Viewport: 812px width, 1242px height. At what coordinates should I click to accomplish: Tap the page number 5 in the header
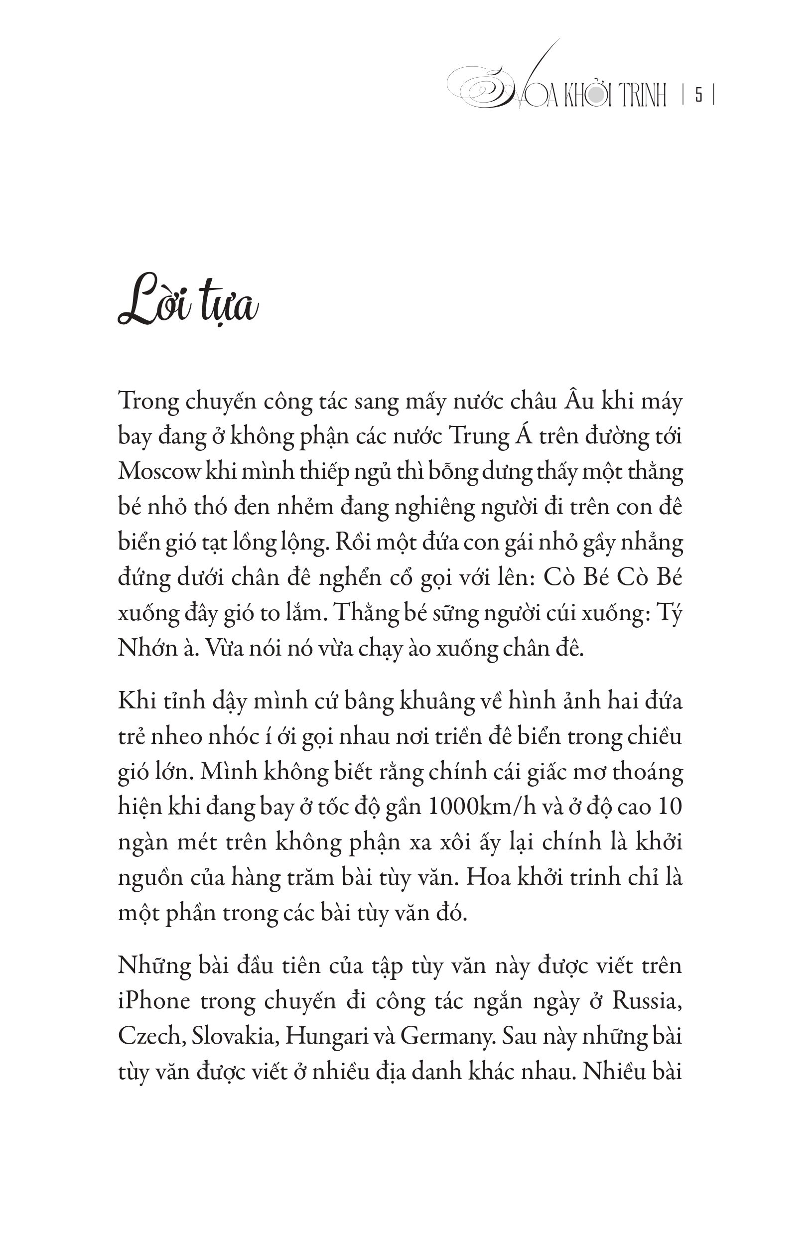point(698,96)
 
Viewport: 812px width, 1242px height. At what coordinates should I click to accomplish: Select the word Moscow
point(159,472)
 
